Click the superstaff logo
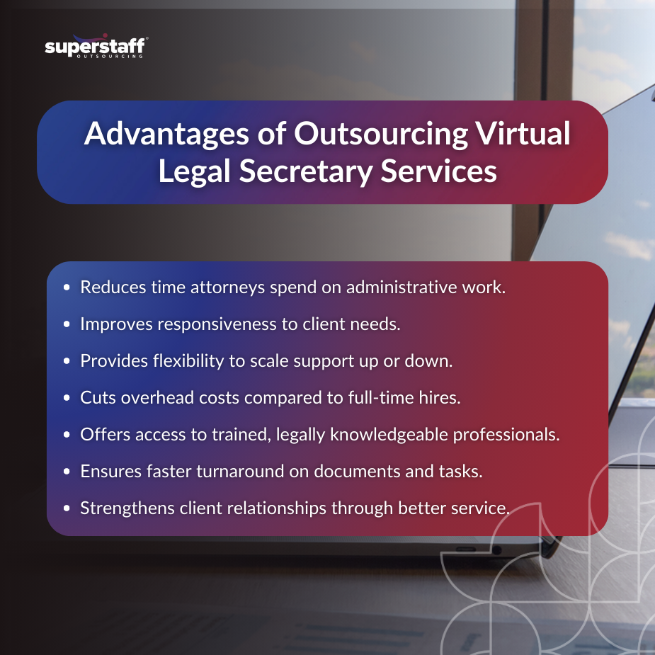[95, 47]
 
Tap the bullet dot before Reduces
[67, 288]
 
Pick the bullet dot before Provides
[67, 361]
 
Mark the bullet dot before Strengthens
[67, 508]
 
